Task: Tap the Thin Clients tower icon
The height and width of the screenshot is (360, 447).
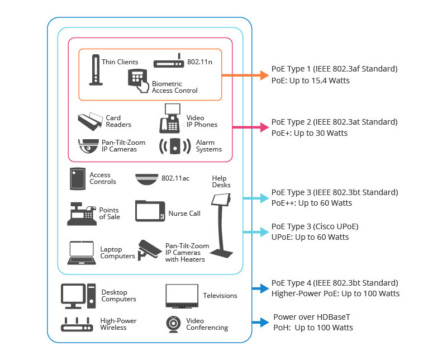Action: pyautogui.click(x=96, y=70)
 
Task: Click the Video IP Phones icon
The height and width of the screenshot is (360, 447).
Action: pyautogui.click(x=171, y=117)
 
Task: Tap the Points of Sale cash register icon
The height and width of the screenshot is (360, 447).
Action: pyautogui.click(x=82, y=214)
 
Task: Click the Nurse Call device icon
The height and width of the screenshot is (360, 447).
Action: pyautogui.click(x=150, y=212)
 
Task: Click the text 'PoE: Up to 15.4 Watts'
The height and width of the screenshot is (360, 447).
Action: pyautogui.click(x=311, y=80)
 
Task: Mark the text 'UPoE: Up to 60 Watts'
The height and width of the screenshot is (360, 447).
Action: pyautogui.click(x=310, y=237)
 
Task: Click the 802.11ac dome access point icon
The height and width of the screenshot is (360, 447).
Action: pyautogui.click(x=146, y=178)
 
